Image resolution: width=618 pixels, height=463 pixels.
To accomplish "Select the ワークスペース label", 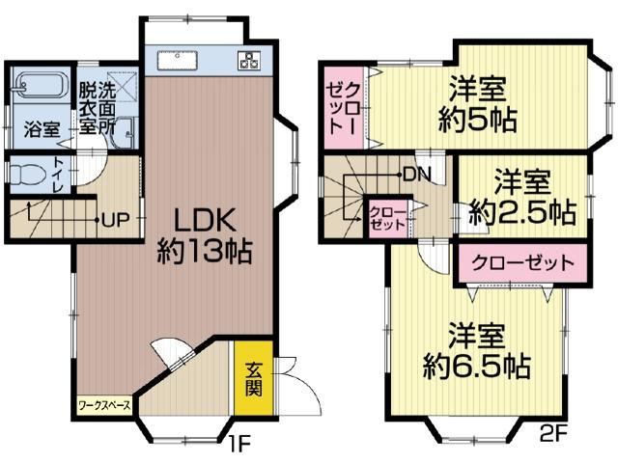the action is coord(104,405).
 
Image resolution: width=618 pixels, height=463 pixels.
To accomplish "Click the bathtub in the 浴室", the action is coord(38,86).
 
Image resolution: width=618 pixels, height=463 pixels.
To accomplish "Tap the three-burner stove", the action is coord(249,61).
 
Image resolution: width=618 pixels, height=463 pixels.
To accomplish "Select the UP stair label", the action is coord(116,219).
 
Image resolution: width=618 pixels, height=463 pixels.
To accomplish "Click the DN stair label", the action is coord(417,174).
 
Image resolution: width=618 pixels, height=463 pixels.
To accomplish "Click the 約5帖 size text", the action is coord(477,120).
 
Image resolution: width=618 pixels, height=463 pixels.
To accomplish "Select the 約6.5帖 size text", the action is coord(476,367).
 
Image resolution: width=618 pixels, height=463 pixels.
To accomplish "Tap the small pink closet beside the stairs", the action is coord(387,219).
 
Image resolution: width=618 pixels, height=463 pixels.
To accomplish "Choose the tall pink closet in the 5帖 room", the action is coord(344,107).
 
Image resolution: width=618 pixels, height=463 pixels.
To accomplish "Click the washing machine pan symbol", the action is coord(123,86).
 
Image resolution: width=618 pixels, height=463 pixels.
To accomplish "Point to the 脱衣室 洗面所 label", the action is coord(97,109).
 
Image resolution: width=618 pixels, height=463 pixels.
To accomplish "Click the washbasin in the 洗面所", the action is coord(123,132).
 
